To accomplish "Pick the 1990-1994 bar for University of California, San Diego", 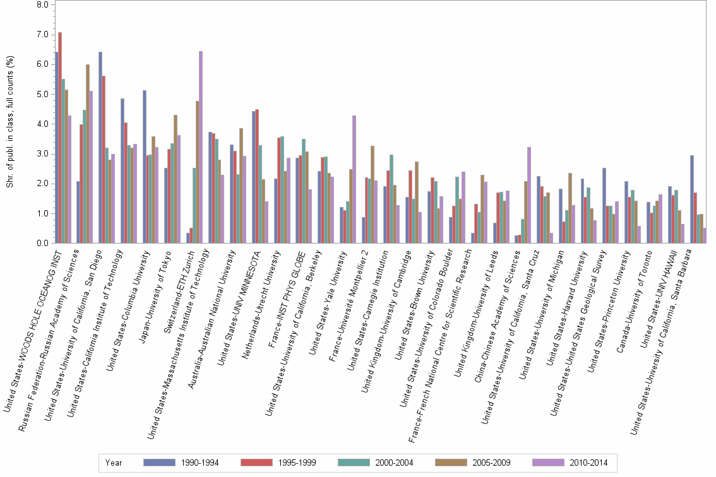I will (x=100, y=148).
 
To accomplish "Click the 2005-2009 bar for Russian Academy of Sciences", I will (x=88, y=154).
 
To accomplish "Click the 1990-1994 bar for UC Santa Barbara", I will (x=692, y=199).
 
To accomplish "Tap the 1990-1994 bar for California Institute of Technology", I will (x=122, y=171).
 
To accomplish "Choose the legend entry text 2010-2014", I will (x=589, y=462).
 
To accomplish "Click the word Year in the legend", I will (x=114, y=462).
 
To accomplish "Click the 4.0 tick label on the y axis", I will (x=42, y=124).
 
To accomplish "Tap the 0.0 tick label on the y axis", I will (x=42, y=244).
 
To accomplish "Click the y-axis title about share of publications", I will (x=9, y=123).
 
